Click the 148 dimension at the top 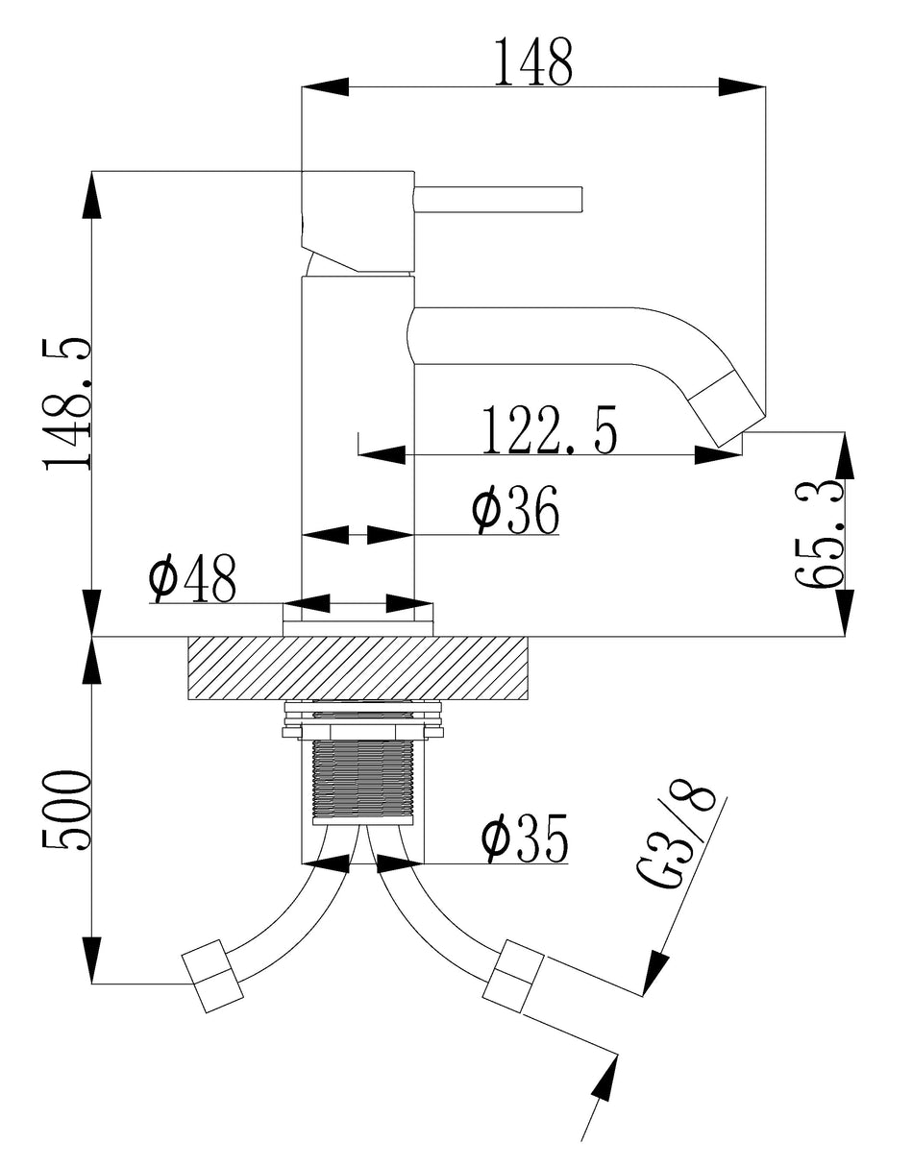(532, 63)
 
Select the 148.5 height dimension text (68, 403)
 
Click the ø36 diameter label (515, 511)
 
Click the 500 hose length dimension (68, 809)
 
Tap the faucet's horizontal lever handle (498, 199)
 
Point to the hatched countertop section (358, 668)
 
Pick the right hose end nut (515, 973)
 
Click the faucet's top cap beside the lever (358, 221)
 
